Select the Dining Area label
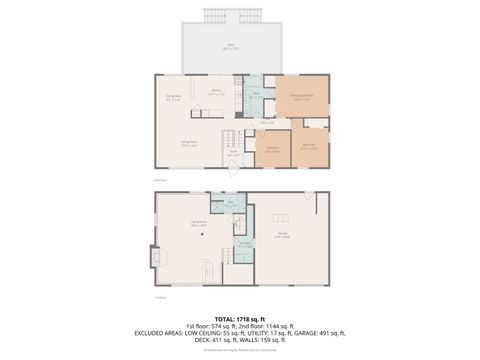[173, 98]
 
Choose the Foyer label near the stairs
[233, 154]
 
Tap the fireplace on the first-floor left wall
[154, 256]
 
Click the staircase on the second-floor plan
[231, 138]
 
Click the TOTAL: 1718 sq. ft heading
[240, 317]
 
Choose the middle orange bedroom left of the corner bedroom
[272, 147]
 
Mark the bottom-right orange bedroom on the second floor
[309, 146]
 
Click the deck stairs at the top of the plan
[244, 15]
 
